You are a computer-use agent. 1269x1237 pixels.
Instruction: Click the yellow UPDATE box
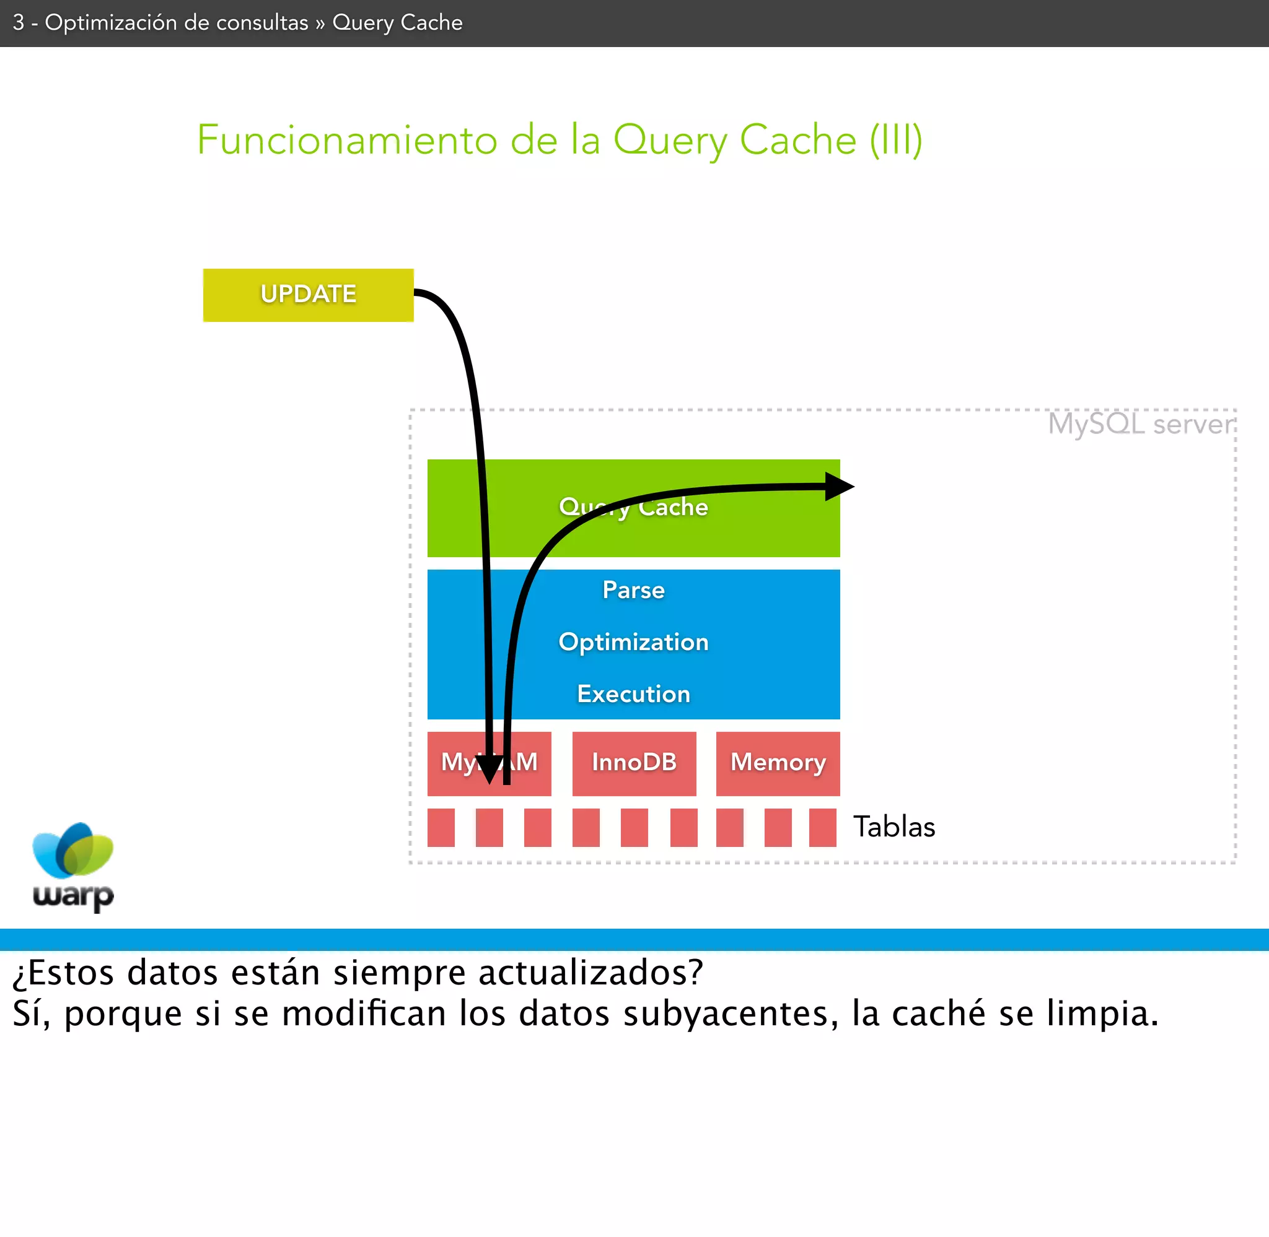coord(308,295)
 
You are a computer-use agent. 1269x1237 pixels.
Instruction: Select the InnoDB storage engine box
coord(634,763)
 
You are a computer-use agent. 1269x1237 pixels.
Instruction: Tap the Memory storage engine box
coord(778,763)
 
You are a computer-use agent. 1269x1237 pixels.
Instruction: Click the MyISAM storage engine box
coord(455,763)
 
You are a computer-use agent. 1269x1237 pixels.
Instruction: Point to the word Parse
coord(633,590)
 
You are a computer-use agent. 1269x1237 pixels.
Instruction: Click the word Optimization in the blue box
coord(633,642)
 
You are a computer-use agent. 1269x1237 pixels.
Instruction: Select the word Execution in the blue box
coord(633,694)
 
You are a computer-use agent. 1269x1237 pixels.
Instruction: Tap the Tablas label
coord(894,827)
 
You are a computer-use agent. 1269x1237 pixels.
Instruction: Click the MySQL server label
coord(1141,424)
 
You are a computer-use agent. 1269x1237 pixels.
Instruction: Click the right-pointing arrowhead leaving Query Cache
coord(840,486)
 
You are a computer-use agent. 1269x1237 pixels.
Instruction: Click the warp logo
coord(73,867)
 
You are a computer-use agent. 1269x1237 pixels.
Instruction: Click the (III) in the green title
coord(896,140)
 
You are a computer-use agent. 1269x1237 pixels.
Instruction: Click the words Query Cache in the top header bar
coord(397,23)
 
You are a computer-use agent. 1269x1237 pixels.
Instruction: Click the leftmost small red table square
coord(441,828)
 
